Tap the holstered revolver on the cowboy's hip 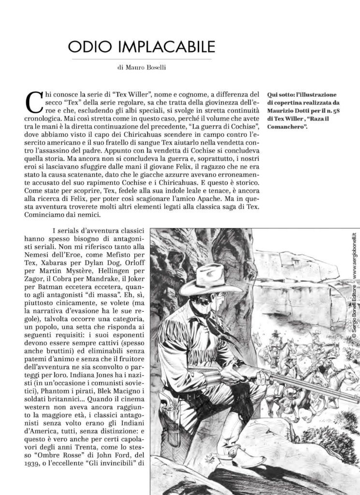[x=170, y=411]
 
